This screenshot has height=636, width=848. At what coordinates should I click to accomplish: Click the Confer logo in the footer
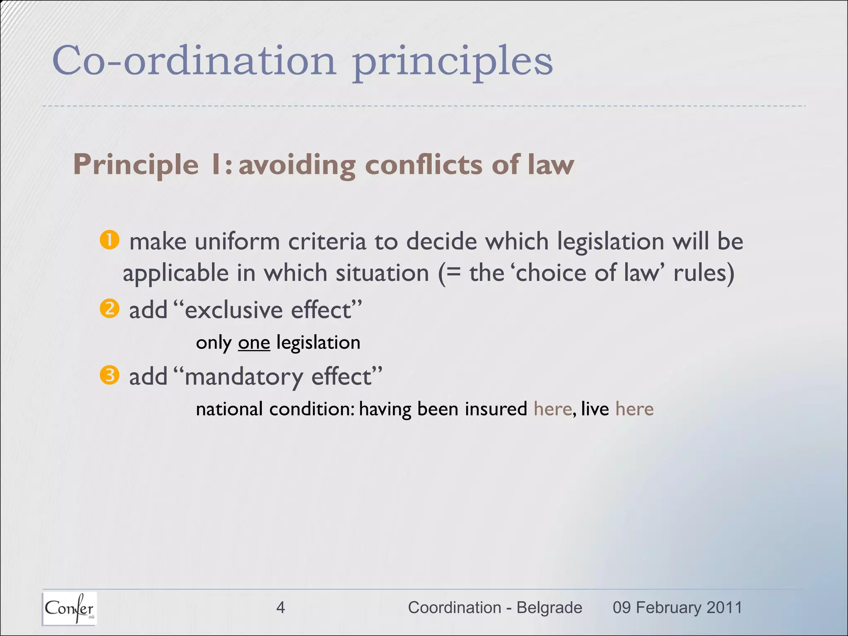[x=69, y=608]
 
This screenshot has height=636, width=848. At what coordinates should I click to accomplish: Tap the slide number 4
[x=280, y=607]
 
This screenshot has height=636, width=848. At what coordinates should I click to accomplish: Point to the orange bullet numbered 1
[x=110, y=240]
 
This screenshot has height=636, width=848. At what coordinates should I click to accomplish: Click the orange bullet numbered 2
[x=110, y=308]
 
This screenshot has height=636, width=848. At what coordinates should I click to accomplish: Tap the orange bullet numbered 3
[x=110, y=375]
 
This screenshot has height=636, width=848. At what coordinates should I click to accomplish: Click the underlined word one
[x=254, y=343]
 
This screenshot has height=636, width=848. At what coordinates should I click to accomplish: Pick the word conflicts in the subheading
[x=424, y=164]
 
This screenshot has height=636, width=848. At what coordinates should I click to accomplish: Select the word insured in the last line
[x=496, y=409]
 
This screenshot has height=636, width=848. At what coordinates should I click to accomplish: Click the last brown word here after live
[x=634, y=409]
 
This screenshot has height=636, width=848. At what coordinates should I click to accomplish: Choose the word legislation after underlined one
[x=318, y=343]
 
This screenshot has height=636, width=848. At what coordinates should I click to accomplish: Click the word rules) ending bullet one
[x=704, y=273]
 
